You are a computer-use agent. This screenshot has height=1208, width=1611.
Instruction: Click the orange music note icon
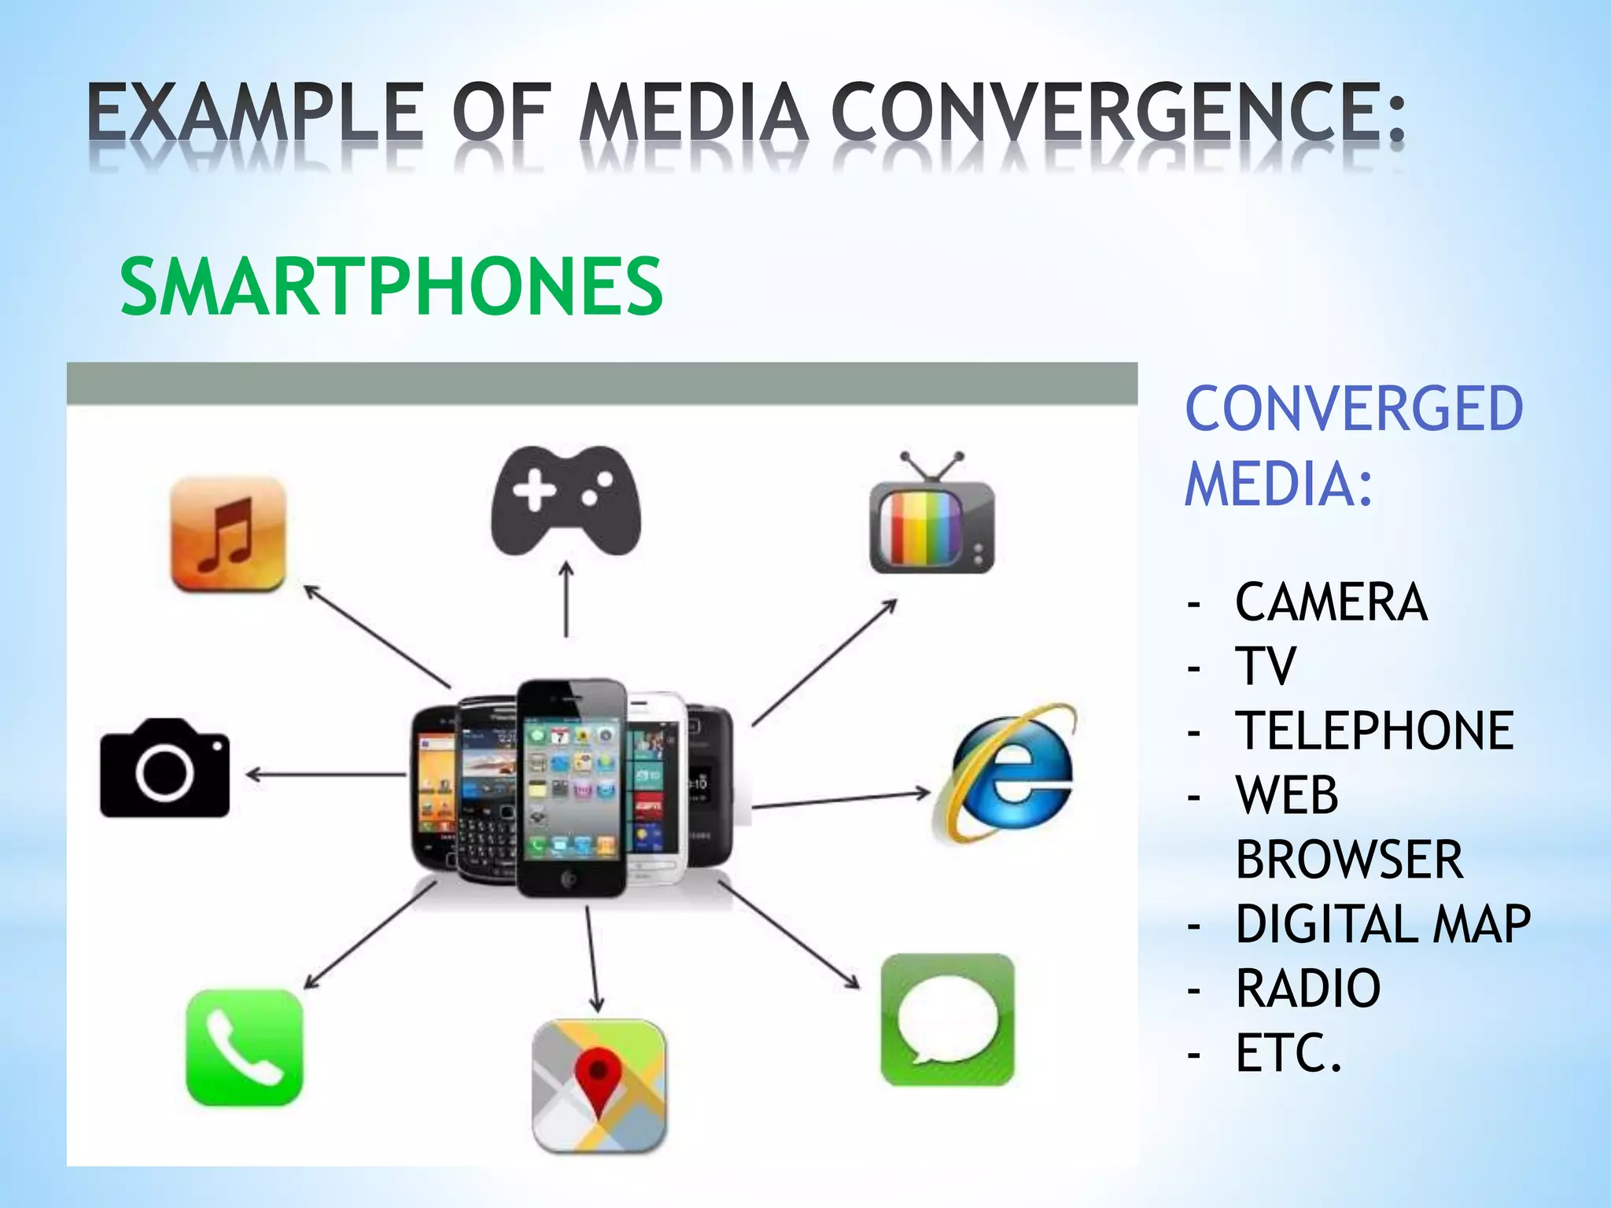click(x=228, y=534)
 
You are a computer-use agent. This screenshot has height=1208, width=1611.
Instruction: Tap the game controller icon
click(x=566, y=500)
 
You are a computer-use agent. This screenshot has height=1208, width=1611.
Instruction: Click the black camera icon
click(x=165, y=768)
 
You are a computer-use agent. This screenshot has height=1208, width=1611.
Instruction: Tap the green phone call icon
click(x=244, y=1047)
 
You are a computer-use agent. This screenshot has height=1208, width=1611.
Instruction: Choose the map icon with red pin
click(x=599, y=1085)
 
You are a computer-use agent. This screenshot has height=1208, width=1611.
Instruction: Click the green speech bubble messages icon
click(x=947, y=1020)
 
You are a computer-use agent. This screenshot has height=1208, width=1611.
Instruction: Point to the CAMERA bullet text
click(x=1331, y=602)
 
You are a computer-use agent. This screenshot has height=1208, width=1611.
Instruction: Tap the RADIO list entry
click(x=1307, y=988)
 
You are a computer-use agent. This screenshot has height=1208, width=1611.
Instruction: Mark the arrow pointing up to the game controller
click(x=566, y=598)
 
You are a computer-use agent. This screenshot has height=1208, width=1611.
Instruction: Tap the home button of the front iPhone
click(x=570, y=879)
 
